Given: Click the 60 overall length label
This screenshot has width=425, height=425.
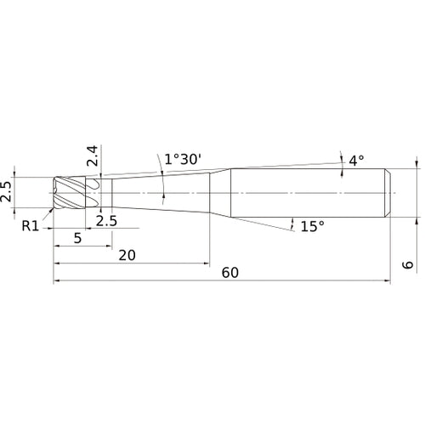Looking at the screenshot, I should point(230,273).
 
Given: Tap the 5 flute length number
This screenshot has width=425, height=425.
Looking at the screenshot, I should point(78,238).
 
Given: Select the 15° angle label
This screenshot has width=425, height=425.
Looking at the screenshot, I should point(313,226).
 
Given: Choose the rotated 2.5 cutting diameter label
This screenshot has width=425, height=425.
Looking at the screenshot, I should point(8,192).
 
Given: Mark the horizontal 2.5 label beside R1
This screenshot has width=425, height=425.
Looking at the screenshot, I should point(106,221).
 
